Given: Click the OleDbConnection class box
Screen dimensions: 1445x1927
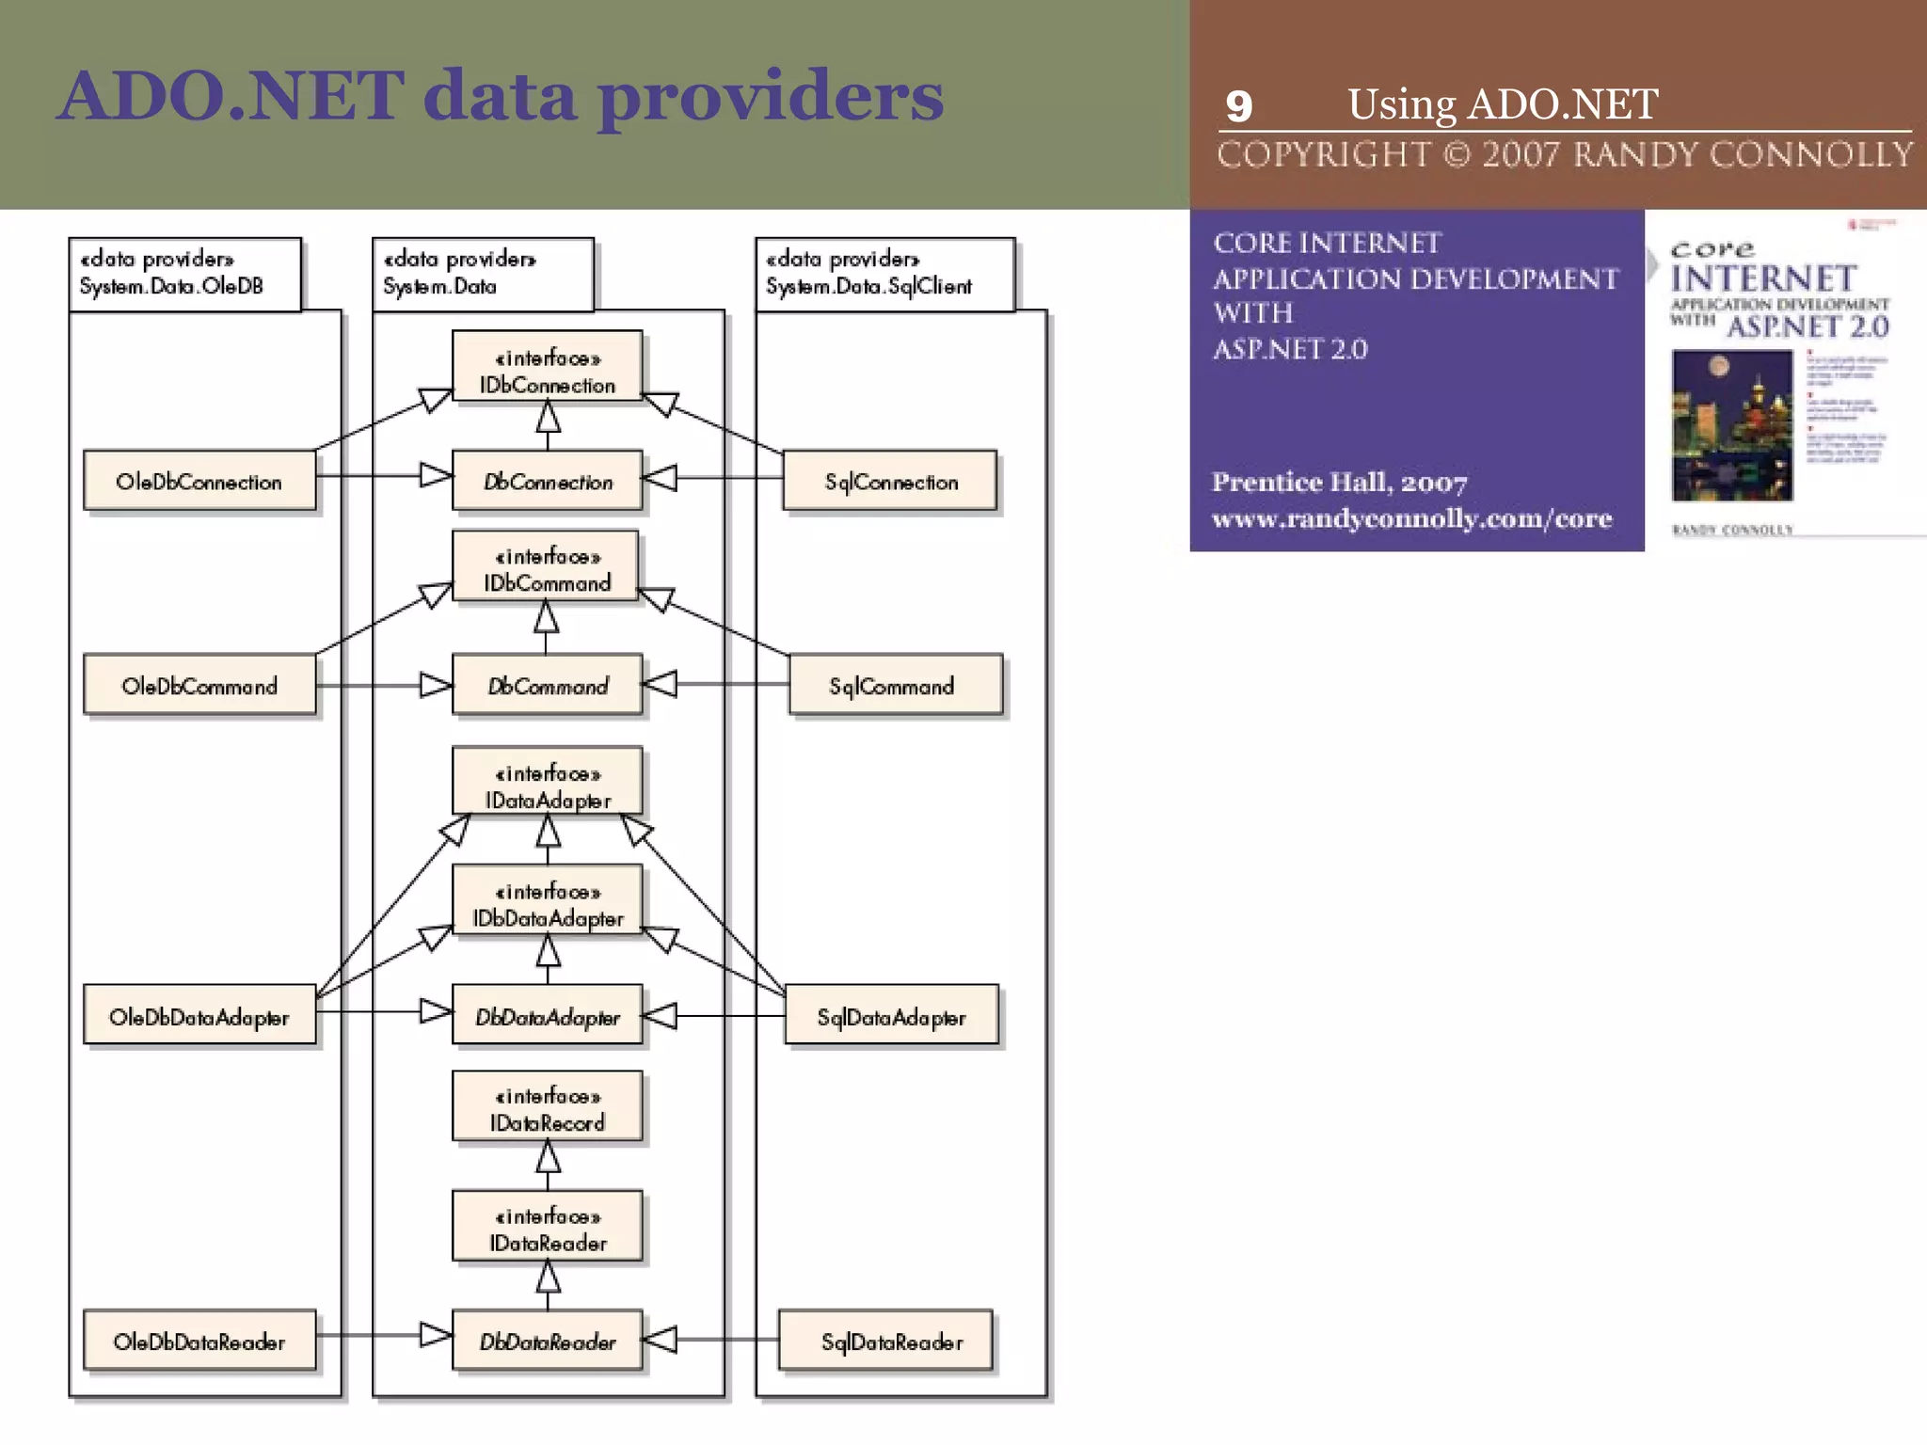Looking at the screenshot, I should [x=199, y=481].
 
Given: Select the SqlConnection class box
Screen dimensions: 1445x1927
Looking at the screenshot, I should [x=890, y=481].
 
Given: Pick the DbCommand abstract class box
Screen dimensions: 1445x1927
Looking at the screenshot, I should [x=547, y=686].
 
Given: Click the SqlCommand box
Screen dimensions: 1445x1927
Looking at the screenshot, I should [x=895, y=686].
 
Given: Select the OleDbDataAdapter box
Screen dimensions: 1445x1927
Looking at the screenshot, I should [x=199, y=1016].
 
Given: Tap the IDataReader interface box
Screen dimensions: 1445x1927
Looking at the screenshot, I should [x=547, y=1228].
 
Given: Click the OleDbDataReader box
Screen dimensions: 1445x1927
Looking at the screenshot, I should [x=199, y=1341].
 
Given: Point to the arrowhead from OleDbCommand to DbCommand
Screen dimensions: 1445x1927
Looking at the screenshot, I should [x=436, y=685].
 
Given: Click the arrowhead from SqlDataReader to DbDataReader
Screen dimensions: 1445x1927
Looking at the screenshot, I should [x=660, y=1339].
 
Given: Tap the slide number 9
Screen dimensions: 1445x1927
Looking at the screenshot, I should [x=1239, y=106].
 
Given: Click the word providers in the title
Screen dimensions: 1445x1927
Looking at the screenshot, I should [x=771, y=98].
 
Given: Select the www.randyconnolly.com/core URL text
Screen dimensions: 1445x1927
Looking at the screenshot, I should [x=1411, y=518].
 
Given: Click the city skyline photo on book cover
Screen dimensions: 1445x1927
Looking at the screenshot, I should [x=1731, y=425].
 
